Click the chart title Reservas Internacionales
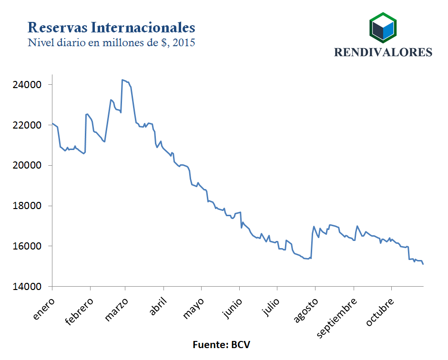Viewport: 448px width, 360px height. (111, 26)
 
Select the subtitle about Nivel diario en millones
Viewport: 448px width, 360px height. (112, 42)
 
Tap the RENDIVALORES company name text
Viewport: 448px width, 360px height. (383, 52)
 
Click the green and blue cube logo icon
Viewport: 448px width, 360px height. (383, 28)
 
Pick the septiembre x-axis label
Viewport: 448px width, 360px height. (337, 318)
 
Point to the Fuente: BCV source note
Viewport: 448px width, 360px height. (221, 344)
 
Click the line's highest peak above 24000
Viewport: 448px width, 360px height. (122, 80)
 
